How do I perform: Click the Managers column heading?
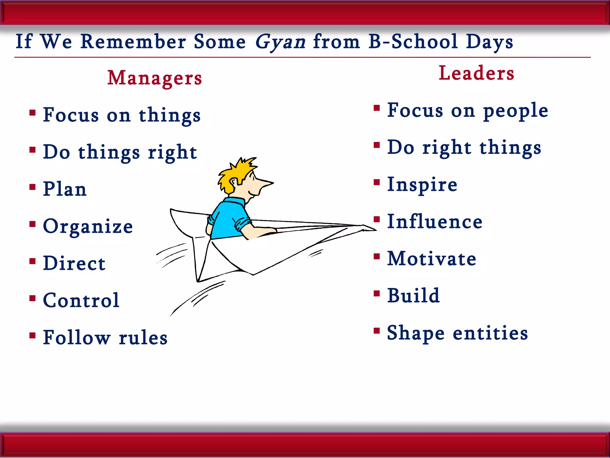(155, 78)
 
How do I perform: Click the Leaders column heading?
(476, 73)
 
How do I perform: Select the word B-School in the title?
(413, 42)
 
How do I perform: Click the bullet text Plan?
(65, 189)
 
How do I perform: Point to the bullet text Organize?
(88, 226)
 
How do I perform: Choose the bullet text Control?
(81, 300)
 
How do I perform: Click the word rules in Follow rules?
(143, 338)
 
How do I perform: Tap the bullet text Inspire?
(422, 185)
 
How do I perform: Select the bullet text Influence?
(435, 222)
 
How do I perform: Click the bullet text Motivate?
(432, 259)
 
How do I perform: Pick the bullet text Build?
(413, 296)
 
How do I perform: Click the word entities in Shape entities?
(490, 333)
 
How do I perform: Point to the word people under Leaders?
(516, 111)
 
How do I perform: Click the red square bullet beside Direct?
(33, 262)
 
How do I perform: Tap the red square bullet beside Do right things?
(377, 145)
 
